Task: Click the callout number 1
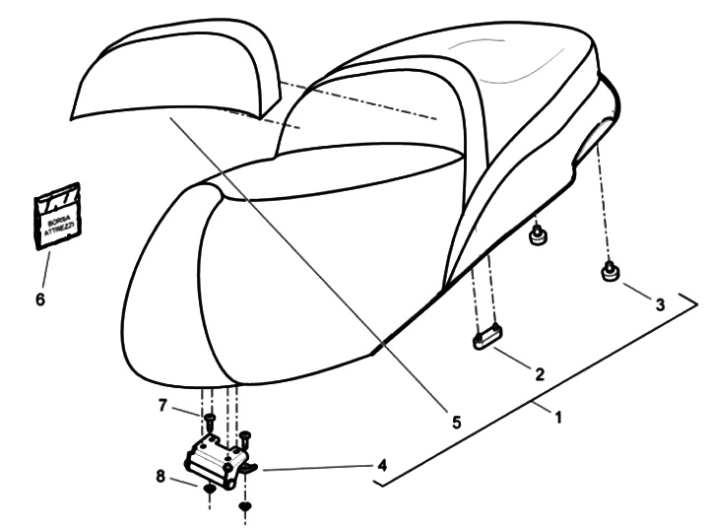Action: [557, 418]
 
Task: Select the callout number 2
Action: [539, 373]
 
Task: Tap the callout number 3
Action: [660, 305]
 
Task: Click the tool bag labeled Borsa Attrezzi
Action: [58, 218]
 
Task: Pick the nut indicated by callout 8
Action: [211, 489]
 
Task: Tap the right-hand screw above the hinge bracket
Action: [245, 435]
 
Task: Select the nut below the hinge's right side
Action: [246, 505]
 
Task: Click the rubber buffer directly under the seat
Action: [538, 236]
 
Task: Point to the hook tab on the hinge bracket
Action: [248, 470]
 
